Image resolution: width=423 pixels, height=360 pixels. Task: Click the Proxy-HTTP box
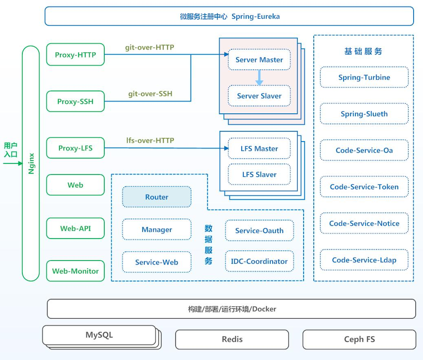click(75, 55)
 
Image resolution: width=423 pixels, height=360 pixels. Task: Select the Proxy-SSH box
click(75, 101)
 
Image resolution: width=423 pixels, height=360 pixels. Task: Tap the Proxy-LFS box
click(75, 148)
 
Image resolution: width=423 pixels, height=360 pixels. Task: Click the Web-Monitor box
click(75, 271)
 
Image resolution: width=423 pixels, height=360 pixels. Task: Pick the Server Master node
click(259, 60)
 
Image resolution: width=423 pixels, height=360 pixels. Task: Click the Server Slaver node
click(259, 96)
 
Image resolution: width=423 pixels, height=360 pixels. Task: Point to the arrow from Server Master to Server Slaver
click(259, 78)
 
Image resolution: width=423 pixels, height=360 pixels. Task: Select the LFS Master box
click(259, 148)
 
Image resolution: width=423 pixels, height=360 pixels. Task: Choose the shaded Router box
click(157, 197)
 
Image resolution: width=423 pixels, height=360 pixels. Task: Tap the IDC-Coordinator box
click(259, 261)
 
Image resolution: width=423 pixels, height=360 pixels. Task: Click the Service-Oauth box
click(259, 230)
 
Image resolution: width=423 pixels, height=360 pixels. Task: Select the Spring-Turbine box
click(364, 77)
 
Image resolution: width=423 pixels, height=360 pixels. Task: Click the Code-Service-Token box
click(364, 187)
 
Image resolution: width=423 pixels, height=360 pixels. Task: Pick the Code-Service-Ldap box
click(364, 260)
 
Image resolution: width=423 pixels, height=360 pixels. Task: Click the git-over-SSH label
click(150, 94)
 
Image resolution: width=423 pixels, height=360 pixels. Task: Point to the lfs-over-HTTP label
click(150, 140)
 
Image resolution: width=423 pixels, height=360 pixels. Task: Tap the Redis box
click(232, 339)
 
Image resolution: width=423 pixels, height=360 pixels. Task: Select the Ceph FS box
click(359, 339)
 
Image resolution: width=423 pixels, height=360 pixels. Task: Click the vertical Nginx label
click(31, 163)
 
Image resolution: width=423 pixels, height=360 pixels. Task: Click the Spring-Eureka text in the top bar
click(256, 16)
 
